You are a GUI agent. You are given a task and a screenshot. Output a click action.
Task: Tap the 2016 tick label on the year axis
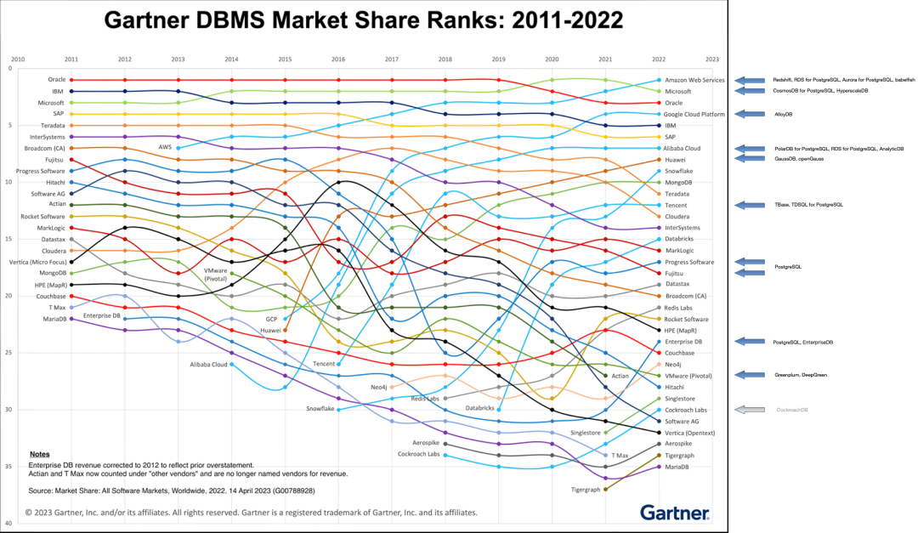coord(338,60)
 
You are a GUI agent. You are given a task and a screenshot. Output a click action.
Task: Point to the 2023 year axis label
coord(712,60)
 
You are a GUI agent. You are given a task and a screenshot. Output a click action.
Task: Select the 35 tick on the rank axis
coord(9,466)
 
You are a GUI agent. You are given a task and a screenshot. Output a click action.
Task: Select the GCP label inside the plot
coord(271,319)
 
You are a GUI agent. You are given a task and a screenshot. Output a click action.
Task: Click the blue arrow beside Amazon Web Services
coord(750,80)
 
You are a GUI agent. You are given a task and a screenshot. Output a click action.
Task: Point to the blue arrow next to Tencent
coord(750,205)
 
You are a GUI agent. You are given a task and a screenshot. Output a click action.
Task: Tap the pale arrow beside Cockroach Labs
coord(750,409)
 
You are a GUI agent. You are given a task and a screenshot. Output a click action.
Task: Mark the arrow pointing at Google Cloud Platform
coord(750,114)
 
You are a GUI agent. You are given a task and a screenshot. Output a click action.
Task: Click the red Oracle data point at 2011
coord(71,80)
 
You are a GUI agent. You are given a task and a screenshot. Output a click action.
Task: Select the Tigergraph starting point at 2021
coord(605,489)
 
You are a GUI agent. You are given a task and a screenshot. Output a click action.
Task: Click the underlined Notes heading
coord(39,454)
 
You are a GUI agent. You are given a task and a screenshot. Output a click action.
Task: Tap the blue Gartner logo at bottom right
coord(675,512)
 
